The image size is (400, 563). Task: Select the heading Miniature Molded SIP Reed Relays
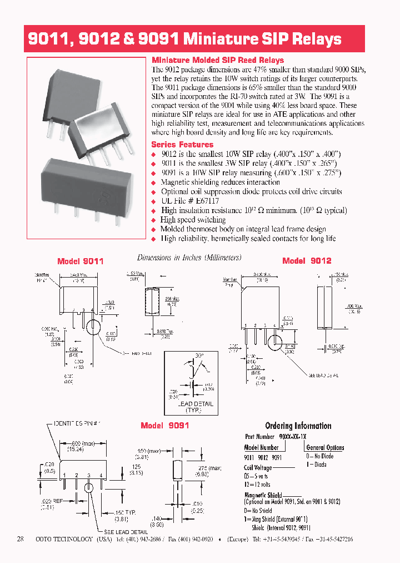click(218, 60)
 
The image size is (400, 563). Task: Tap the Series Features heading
click(178, 144)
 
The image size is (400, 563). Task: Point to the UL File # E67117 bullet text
click(189, 201)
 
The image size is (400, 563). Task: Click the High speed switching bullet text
click(193, 220)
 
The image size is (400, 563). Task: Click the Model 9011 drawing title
click(81, 261)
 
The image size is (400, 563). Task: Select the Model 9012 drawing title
click(307, 260)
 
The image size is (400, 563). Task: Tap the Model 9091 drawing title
click(165, 425)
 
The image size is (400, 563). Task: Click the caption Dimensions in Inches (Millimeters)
click(189, 258)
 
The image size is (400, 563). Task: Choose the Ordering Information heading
click(298, 426)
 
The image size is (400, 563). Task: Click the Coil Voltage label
click(258, 468)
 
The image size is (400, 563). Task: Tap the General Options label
click(325, 447)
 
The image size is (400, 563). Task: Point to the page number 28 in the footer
click(21, 539)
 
